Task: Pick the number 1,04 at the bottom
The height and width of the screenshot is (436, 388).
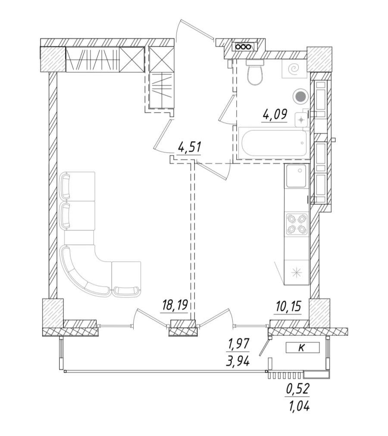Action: pos(298,405)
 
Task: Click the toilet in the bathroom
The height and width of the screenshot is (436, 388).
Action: pos(255,74)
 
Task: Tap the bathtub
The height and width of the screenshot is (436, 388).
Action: pos(272,143)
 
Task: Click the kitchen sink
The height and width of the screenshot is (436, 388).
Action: pos(297,176)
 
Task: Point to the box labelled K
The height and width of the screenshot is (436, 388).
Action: pos(302,348)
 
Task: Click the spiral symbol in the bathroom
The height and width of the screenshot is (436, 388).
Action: pos(293,68)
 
